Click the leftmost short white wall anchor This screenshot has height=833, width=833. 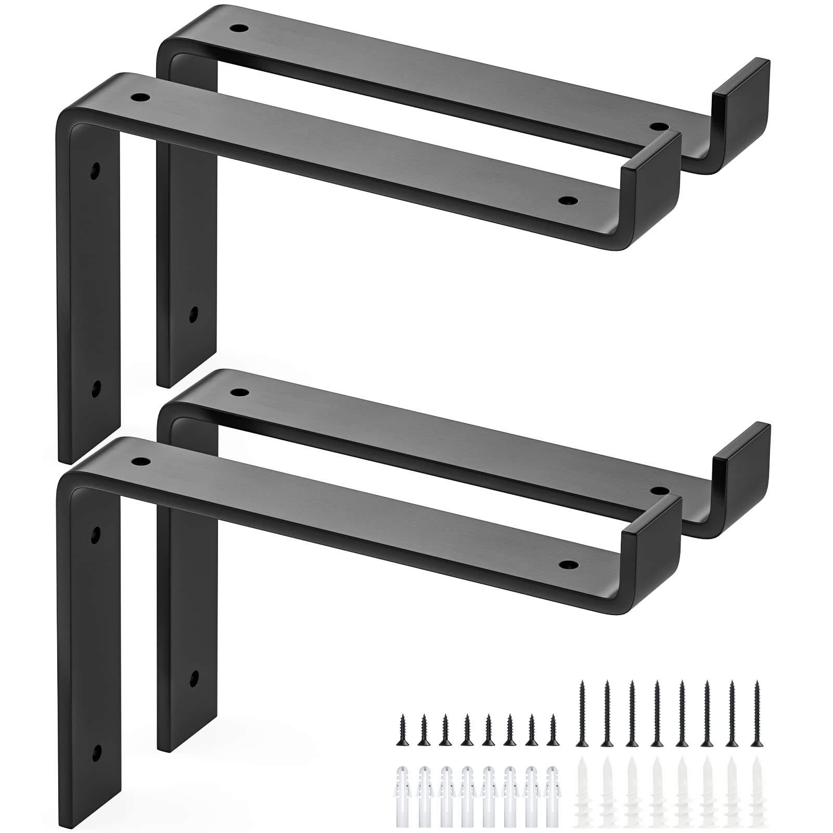click(401, 786)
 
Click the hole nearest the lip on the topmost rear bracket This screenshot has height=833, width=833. click(659, 126)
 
